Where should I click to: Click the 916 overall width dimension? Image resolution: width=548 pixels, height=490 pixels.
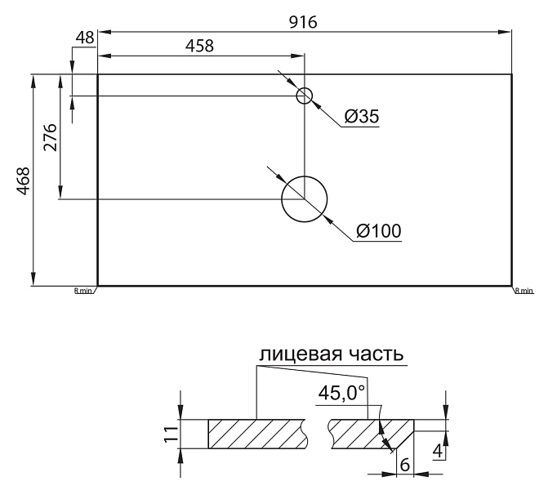coord(303,22)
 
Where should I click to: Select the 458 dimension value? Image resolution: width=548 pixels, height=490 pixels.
coord(199,46)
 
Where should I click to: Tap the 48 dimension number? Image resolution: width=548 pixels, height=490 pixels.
coord(85,38)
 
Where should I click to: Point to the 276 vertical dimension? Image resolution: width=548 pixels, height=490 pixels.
coord(51,137)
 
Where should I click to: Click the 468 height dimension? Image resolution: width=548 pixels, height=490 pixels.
coord(24,180)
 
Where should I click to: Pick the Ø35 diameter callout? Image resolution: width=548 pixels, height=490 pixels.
coord(362,117)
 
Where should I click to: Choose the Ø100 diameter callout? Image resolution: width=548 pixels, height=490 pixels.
coord(379,231)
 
